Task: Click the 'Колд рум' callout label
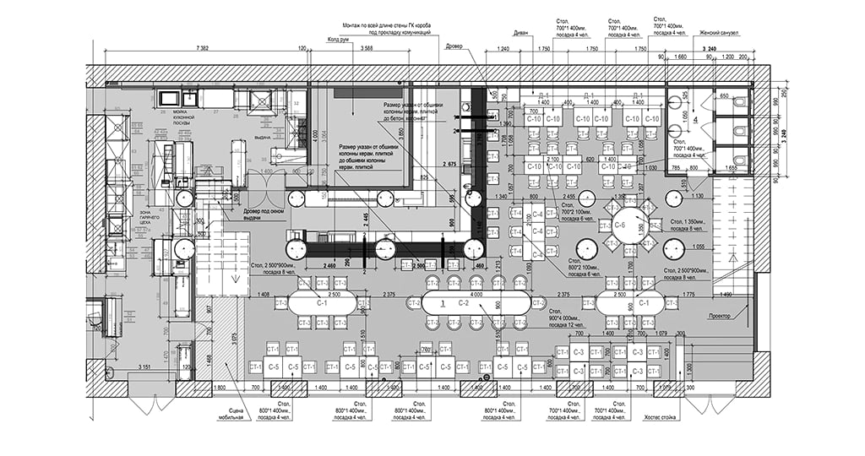point(339,38)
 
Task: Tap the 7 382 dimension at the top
point(202,49)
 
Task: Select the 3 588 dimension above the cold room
point(366,49)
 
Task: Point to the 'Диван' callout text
point(521,34)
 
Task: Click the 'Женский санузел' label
point(719,33)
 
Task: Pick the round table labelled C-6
point(619,225)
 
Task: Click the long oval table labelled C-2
point(463,301)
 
